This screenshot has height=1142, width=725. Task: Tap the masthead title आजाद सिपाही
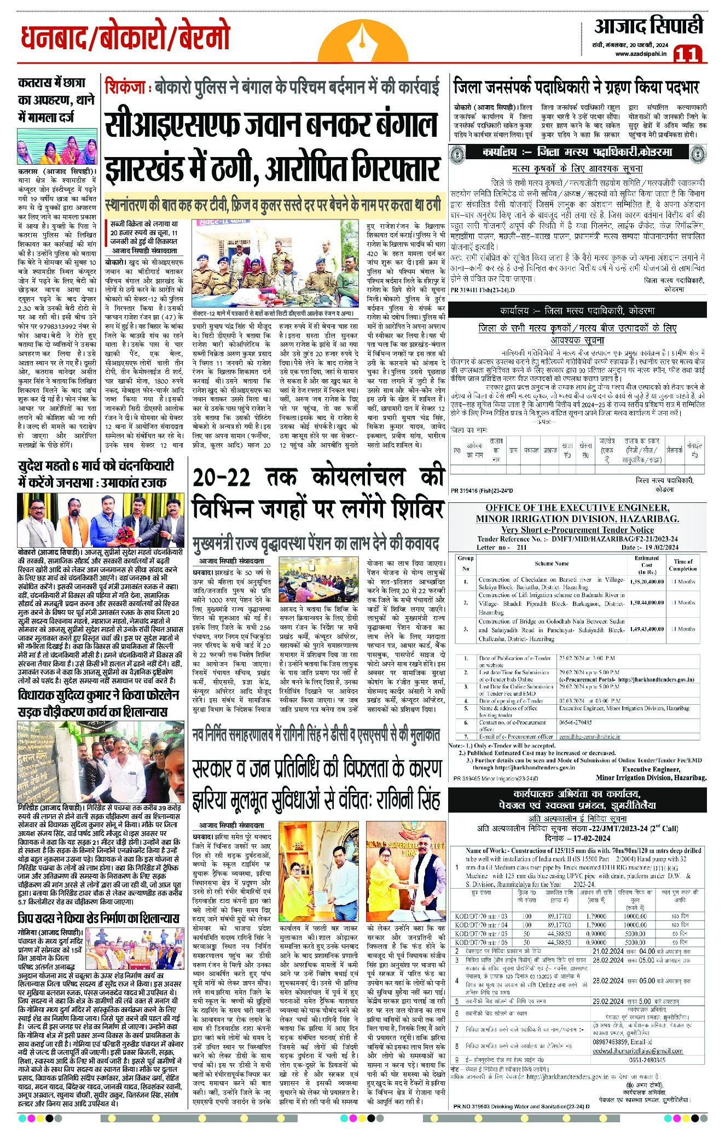(x=648, y=26)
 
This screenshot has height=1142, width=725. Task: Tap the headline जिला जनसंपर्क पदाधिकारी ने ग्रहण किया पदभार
(x=576, y=87)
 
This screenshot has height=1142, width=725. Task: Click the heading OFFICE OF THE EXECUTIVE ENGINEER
(x=577, y=507)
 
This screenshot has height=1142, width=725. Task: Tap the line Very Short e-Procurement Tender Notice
(x=577, y=529)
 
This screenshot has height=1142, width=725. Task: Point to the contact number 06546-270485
(x=576, y=722)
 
